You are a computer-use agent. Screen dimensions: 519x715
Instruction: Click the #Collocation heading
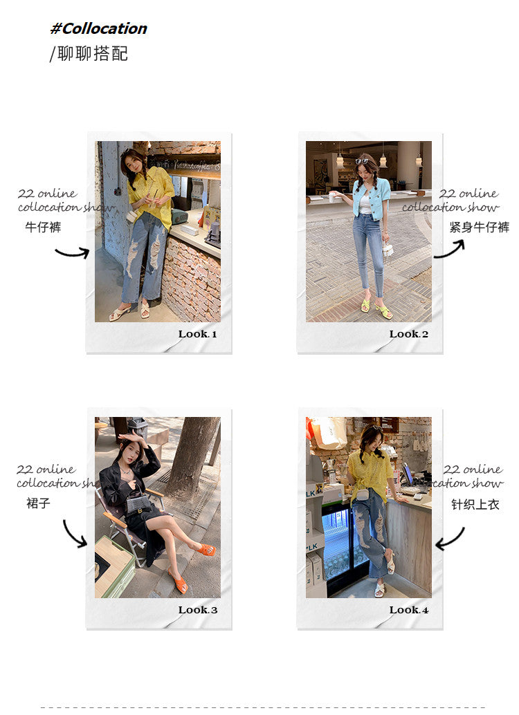pos(98,29)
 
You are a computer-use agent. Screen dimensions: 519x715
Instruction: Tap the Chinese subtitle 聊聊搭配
pos(93,54)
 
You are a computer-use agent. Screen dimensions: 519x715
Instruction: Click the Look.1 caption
pos(198,334)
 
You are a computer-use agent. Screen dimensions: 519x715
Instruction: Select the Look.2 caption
pos(408,334)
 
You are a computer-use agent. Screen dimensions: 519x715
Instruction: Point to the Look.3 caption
pos(198,610)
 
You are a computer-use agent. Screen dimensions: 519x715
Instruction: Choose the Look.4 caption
pos(408,610)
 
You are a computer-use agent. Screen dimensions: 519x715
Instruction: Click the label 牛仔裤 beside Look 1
pos(43,227)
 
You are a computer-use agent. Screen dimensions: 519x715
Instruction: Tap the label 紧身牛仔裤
pos(480,227)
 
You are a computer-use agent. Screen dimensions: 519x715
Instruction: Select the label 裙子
pos(38,503)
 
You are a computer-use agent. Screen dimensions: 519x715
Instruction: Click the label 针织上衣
pos(475,504)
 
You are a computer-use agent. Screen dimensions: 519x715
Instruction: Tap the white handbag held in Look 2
pos(388,250)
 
